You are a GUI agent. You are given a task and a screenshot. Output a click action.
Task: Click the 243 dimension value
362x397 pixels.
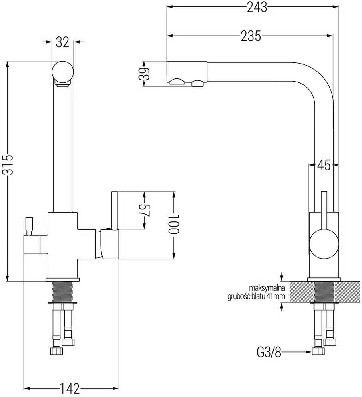point(257,7)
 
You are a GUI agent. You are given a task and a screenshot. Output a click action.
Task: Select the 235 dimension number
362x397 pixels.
point(251,36)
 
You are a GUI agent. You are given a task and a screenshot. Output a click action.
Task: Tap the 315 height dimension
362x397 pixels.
point(8,165)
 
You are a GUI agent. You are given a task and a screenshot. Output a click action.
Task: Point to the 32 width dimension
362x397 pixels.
point(62,42)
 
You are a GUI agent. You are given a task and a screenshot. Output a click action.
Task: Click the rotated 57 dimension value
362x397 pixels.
point(146,210)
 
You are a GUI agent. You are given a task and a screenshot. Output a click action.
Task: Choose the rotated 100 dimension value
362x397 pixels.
point(174,224)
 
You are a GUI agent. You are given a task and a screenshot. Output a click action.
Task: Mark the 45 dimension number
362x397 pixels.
point(324,165)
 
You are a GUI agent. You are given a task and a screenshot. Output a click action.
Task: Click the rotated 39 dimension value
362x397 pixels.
point(145,74)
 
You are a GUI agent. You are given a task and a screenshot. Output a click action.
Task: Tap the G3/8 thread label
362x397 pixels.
point(269,352)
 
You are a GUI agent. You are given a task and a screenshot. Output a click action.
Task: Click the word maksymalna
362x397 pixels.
point(267,288)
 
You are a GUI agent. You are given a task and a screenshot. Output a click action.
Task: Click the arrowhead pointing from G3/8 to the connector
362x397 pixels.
point(308,352)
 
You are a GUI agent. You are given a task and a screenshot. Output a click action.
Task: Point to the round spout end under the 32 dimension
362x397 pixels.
point(62,72)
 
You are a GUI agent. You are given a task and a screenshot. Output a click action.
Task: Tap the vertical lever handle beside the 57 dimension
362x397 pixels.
point(115,211)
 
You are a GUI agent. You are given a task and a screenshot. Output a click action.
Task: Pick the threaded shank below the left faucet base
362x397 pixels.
point(62,292)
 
